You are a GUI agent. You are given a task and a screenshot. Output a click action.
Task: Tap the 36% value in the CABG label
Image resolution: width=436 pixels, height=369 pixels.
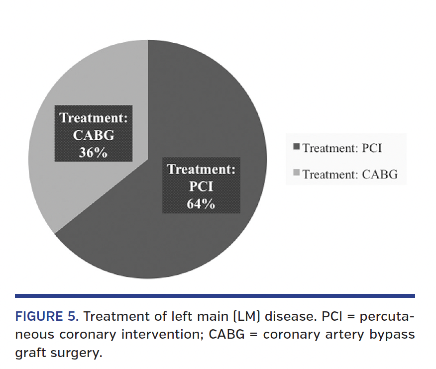coord(93,152)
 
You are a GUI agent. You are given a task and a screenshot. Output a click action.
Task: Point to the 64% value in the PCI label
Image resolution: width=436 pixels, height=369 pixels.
coord(201,203)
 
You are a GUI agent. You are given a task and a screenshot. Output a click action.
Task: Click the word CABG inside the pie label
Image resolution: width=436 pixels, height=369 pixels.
coord(94,135)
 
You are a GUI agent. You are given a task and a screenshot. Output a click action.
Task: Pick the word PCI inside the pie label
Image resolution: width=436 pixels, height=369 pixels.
coord(201,186)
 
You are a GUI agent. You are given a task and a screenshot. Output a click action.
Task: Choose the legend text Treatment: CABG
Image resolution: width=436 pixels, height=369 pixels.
coord(350,174)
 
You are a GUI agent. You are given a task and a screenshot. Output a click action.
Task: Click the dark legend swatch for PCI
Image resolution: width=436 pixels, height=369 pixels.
coord(298,147)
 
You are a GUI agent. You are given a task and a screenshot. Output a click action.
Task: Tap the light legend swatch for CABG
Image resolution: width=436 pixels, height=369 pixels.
coord(298,173)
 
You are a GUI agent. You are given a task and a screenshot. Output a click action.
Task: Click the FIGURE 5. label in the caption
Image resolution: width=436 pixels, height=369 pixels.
coord(46,317)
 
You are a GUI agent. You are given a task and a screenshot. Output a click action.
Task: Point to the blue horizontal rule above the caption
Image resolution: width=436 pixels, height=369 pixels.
coord(215,296)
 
